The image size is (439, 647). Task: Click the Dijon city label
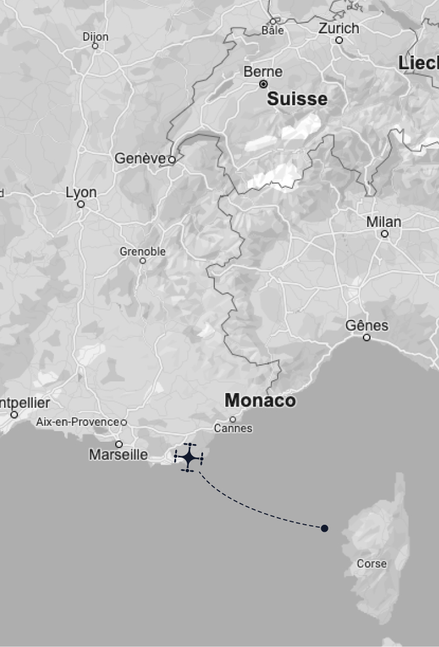point(95,37)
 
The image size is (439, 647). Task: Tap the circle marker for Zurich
point(339,40)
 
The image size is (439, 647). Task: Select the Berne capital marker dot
point(263,84)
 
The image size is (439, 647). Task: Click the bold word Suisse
point(297,99)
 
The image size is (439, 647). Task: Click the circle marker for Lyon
point(81,204)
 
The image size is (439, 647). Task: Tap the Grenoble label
point(143,252)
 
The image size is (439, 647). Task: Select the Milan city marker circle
point(385,234)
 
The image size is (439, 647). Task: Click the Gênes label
point(366,325)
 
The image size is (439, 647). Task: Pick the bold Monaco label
point(260,401)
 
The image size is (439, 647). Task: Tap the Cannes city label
point(233,429)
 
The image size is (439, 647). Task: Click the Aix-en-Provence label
point(78,422)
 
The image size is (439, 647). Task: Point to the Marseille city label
point(118,455)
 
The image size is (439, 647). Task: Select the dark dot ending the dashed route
point(324,528)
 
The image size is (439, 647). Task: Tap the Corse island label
point(372,564)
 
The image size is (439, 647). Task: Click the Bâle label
point(272,30)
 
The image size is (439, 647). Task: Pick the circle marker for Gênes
point(366,338)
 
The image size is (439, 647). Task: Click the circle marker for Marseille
point(119,444)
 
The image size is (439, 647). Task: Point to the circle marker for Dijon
point(95,46)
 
